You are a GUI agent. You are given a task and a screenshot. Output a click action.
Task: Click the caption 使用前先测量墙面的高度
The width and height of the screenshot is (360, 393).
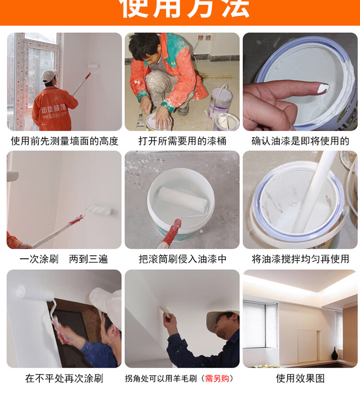click(x=64, y=141)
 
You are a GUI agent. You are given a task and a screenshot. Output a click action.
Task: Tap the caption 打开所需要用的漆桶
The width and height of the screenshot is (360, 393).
click(x=182, y=141)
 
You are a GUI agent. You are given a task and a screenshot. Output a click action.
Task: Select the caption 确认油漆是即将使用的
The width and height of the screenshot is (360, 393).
click(x=300, y=141)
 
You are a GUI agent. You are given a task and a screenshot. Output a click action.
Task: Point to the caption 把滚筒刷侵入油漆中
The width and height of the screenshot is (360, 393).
click(x=182, y=259)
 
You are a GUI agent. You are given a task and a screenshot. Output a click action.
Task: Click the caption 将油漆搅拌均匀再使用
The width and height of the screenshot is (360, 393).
click(x=300, y=259)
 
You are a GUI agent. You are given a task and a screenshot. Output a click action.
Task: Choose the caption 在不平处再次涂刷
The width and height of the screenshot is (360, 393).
click(x=64, y=379)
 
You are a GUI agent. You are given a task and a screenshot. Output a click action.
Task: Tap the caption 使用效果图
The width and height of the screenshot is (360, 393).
click(x=300, y=379)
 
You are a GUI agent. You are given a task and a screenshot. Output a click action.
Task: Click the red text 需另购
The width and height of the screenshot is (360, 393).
click(x=217, y=379)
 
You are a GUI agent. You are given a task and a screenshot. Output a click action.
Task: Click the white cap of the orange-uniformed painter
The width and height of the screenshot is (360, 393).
click(x=49, y=75)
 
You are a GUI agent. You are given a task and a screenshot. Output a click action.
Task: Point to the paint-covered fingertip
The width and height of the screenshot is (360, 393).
click(x=323, y=88)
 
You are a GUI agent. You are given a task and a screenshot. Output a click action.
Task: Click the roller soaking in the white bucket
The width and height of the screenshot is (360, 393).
click(x=182, y=198)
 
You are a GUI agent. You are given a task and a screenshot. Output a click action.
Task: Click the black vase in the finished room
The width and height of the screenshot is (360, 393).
click(x=335, y=354)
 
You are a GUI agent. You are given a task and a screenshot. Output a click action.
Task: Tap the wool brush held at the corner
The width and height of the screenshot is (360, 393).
click(x=165, y=311)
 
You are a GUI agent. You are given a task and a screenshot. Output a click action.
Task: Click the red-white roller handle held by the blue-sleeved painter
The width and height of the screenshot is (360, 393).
click(x=60, y=330)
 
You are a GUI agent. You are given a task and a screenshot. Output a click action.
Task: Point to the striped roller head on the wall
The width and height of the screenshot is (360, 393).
click(x=101, y=210)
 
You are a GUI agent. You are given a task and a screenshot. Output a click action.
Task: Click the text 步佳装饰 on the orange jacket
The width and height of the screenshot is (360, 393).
click(x=54, y=109)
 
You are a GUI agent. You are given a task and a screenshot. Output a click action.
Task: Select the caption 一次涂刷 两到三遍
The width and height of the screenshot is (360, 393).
click(x=64, y=259)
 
